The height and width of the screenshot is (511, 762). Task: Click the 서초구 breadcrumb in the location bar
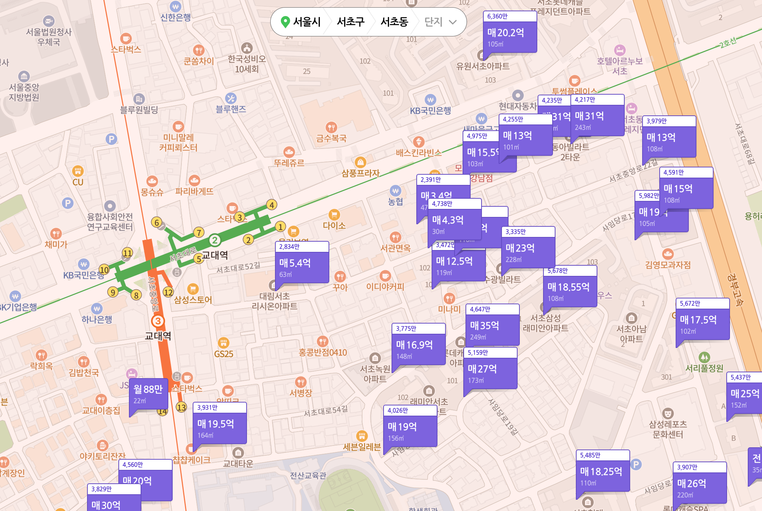[350, 22]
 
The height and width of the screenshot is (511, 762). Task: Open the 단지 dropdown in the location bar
[440, 22]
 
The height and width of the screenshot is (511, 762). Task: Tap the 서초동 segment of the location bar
[394, 22]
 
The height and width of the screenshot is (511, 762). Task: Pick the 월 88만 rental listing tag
[148, 393]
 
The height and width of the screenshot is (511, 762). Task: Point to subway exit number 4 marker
[271, 205]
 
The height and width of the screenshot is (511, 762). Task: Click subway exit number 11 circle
[127, 253]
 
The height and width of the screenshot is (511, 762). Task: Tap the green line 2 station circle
[215, 240]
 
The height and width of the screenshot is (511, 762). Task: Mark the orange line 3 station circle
[158, 321]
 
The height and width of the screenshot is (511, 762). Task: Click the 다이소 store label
[334, 225]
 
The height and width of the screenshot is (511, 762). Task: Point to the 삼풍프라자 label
[360, 173]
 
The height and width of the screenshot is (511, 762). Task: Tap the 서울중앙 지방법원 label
[24, 92]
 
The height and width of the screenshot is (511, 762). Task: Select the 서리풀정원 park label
[704, 368]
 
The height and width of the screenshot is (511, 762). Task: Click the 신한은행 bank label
[176, 17]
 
